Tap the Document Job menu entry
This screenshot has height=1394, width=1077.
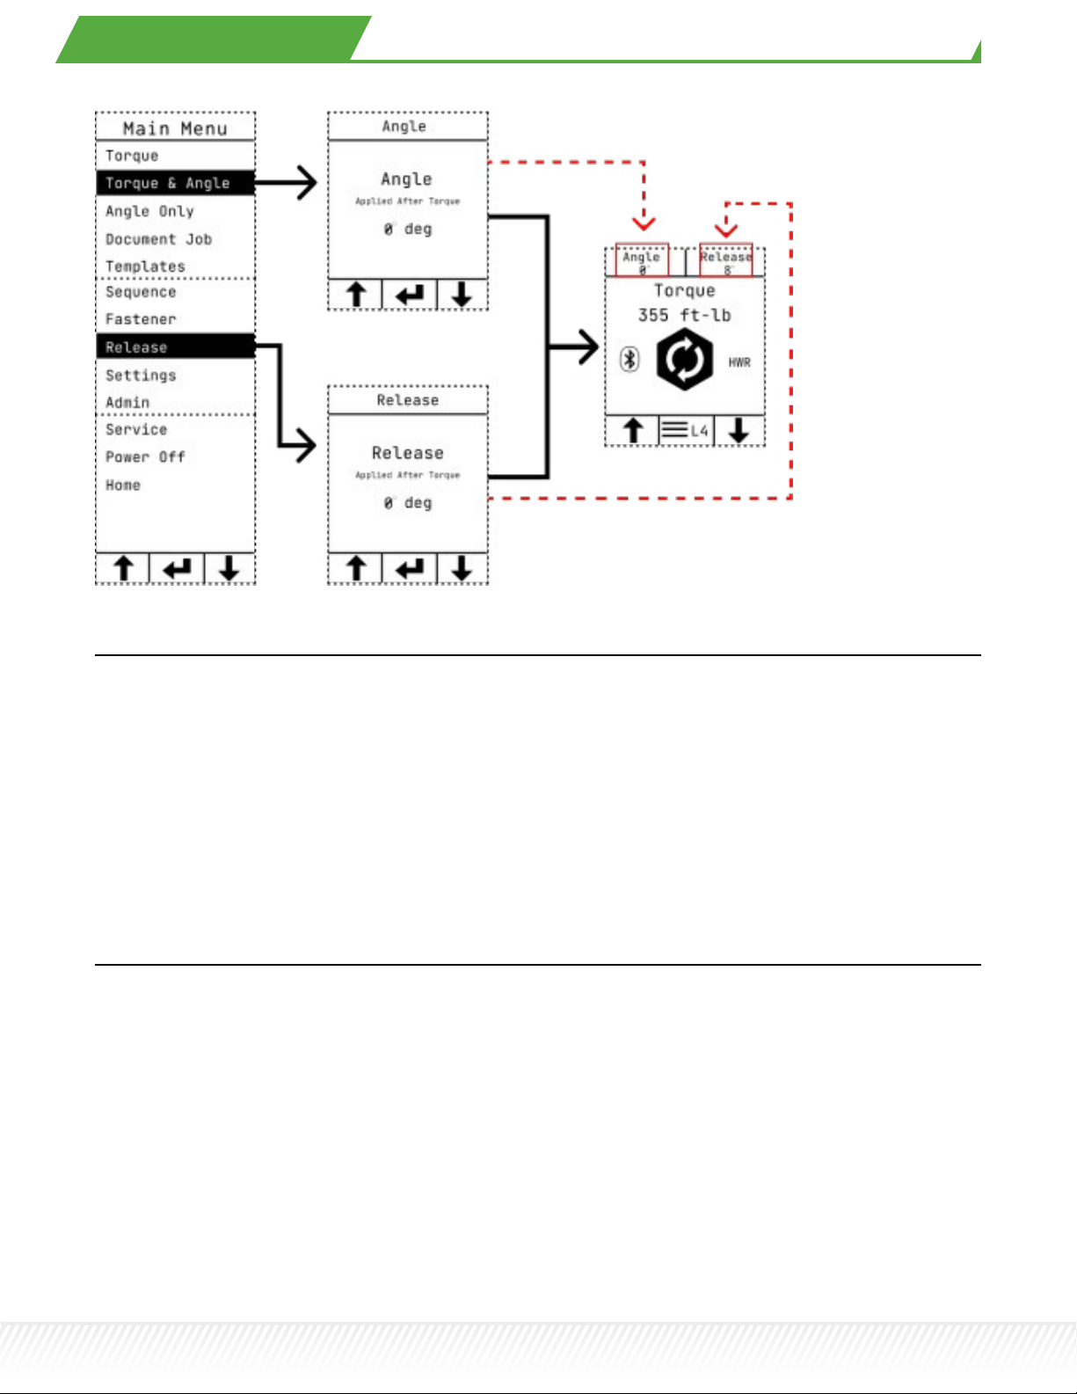click(158, 239)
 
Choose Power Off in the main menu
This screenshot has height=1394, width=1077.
click(145, 457)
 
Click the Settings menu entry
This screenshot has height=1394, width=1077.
click(141, 376)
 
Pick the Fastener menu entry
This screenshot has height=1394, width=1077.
click(141, 319)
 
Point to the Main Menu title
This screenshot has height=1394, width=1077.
click(175, 128)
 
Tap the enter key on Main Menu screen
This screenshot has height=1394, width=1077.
click(177, 569)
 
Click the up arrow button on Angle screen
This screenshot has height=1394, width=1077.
click(356, 295)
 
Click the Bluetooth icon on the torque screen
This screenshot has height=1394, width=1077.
click(629, 359)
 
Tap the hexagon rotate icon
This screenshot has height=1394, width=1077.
click(685, 359)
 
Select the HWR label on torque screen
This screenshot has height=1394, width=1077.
click(739, 362)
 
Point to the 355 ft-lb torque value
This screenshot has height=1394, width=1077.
click(684, 315)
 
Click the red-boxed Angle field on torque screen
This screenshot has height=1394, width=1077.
click(642, 260)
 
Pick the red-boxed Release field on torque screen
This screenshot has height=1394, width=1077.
click(726, 260)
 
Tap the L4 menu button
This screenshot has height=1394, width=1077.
click(686, 431)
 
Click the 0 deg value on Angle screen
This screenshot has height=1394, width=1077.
click(408, 230)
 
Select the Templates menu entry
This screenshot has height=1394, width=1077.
click(145, 266)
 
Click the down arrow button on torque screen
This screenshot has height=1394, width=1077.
click(739, 431)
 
